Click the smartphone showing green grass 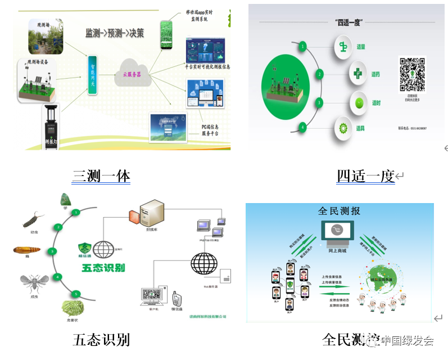click(166, 35)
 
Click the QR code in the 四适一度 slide click(412, 74)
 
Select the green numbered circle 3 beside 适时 click(319, 102)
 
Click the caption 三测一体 click(101, 176)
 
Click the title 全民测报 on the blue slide click(339, 211)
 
